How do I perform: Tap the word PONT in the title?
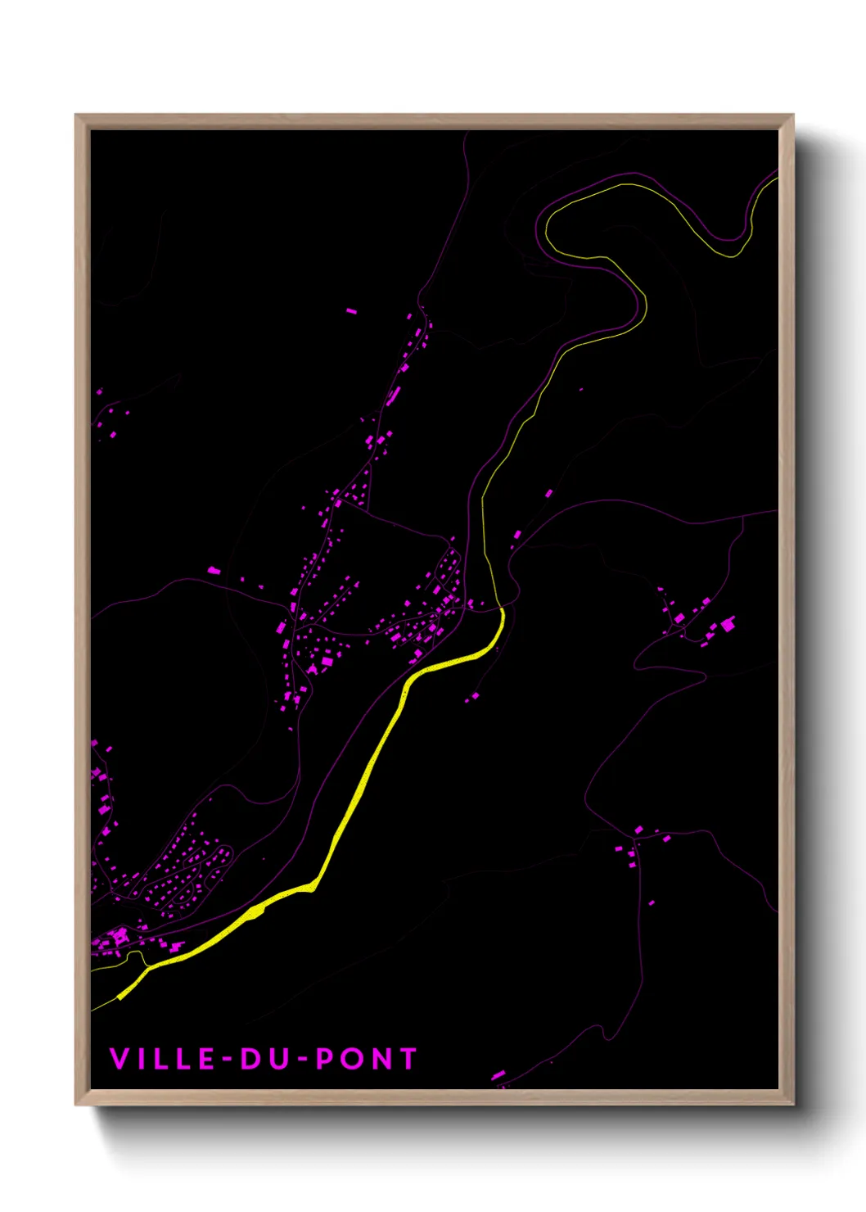click(367, 1059)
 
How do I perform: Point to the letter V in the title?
click(119, 1059)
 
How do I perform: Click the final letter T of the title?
click(408, 1059)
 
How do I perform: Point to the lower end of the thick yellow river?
click(120, 997)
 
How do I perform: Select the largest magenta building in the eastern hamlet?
click(727, 624)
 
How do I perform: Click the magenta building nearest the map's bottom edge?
click(498, 1074)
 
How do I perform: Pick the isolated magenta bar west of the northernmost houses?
click(351, 311)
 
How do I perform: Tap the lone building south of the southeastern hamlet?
click(652, 903)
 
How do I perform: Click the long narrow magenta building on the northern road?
click(394, 396)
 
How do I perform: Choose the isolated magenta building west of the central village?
click(214, 570)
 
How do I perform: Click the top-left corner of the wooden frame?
click(76, 115)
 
